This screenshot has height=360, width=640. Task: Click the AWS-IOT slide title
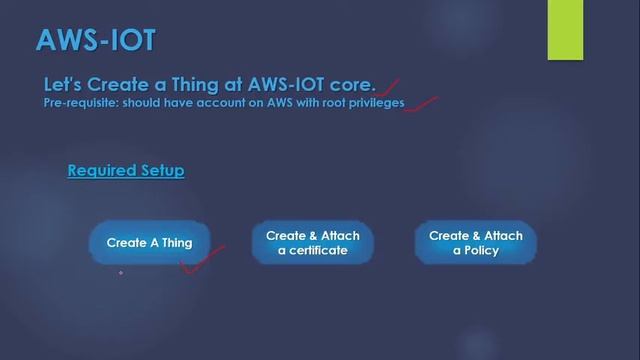click(95, 39)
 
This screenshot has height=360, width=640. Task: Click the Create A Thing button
click(149, 243)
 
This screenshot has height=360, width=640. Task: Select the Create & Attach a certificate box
click(312, 243)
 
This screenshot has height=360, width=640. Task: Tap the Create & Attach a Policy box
click(475, 243)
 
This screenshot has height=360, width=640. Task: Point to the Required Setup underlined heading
click(125, 171)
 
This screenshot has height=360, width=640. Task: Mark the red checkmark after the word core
click(389, 89)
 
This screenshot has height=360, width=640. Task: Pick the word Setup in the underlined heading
click(161, 171)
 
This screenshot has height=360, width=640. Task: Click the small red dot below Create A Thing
click(121, 272)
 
